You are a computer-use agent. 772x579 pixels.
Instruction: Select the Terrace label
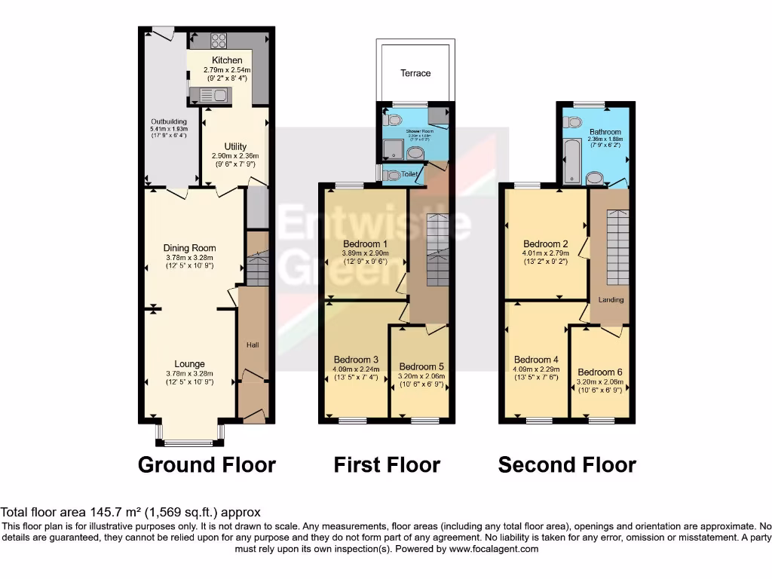[x=415, y=73]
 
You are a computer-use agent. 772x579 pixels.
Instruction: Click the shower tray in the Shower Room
[x=395, y=149]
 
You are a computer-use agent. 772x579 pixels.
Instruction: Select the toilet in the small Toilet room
[x=391, y=175]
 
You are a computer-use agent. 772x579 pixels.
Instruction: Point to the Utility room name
[x=235, y=146]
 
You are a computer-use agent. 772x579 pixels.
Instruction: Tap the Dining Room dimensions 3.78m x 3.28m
[x=190, y=257]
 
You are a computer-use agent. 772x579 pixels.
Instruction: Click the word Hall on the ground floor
[x=253, y=345]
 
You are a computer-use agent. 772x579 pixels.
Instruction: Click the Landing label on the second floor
[x=611, y=299]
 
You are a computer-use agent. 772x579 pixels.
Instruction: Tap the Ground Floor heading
[x=207, y=465]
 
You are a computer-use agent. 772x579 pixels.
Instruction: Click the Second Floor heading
[x=567, y=465]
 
